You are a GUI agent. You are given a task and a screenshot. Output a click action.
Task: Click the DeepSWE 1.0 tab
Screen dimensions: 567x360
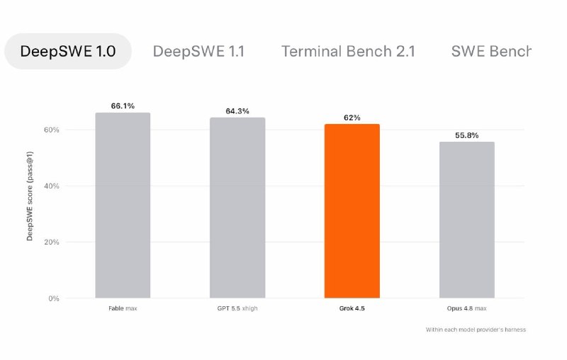coord(68,51)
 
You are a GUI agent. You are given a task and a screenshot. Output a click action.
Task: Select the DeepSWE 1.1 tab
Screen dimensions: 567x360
coord(198,51)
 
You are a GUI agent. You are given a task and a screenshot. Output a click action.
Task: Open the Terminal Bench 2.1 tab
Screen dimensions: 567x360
coord(348,51)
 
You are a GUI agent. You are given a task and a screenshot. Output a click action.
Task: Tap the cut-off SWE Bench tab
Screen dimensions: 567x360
coord(491,51)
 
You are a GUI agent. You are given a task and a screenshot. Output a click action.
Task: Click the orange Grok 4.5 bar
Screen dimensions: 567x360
coord(352,211)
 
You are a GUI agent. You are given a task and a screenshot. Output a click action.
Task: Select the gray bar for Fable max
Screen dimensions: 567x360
coord(123,206)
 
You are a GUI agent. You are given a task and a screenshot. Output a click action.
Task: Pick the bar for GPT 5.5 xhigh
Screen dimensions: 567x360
coord(237,208)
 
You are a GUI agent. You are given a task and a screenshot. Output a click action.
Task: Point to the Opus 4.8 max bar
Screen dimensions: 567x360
coord(467,220)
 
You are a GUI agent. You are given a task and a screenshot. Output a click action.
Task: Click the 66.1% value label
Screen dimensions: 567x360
coord(123,106)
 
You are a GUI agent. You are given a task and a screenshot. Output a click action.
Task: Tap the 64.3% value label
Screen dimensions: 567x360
coord(237,111)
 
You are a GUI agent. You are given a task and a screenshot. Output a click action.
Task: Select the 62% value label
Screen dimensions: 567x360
coord(352,118)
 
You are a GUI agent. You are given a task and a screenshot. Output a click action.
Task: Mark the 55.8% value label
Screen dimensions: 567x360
coord(467,135)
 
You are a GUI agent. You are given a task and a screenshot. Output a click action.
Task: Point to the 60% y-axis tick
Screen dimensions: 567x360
coord(51,130)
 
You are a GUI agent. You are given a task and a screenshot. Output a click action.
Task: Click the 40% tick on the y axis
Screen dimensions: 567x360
coord(51,186)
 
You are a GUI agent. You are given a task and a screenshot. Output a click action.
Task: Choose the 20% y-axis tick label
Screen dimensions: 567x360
coord(51,242)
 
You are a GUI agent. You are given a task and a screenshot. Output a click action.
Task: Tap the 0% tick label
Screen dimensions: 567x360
coord(54,298)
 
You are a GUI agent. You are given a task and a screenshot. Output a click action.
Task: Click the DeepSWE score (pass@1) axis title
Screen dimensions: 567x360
coord(30,196)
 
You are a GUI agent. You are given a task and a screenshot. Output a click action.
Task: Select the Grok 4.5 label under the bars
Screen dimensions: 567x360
coord(352,308)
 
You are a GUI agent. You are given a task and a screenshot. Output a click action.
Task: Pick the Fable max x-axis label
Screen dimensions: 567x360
coord(123,308)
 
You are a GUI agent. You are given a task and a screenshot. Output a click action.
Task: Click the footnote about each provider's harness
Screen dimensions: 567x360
coord(476,330)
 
